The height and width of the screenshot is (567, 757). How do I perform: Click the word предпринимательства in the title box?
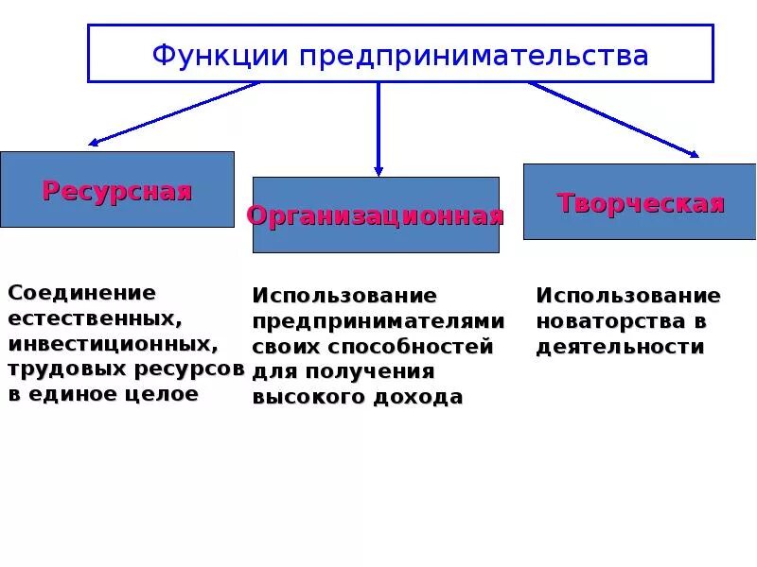click(x=474, y=56)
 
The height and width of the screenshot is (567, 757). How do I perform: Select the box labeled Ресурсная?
click(x=116, y=189)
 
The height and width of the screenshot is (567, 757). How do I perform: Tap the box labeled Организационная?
click(x=375, y=215)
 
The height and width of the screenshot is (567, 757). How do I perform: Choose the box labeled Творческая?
click(x=640, y=201)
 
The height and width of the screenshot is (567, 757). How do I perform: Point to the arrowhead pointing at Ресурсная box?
click(x=93, y=144)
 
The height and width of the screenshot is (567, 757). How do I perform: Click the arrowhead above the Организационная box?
click(x=378, y=171)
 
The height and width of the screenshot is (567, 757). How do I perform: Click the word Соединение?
click(x=81, y=293)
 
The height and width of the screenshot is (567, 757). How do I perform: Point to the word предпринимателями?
click(x=378, y=321)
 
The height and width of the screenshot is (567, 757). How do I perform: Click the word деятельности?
click(x=620, y=347)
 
